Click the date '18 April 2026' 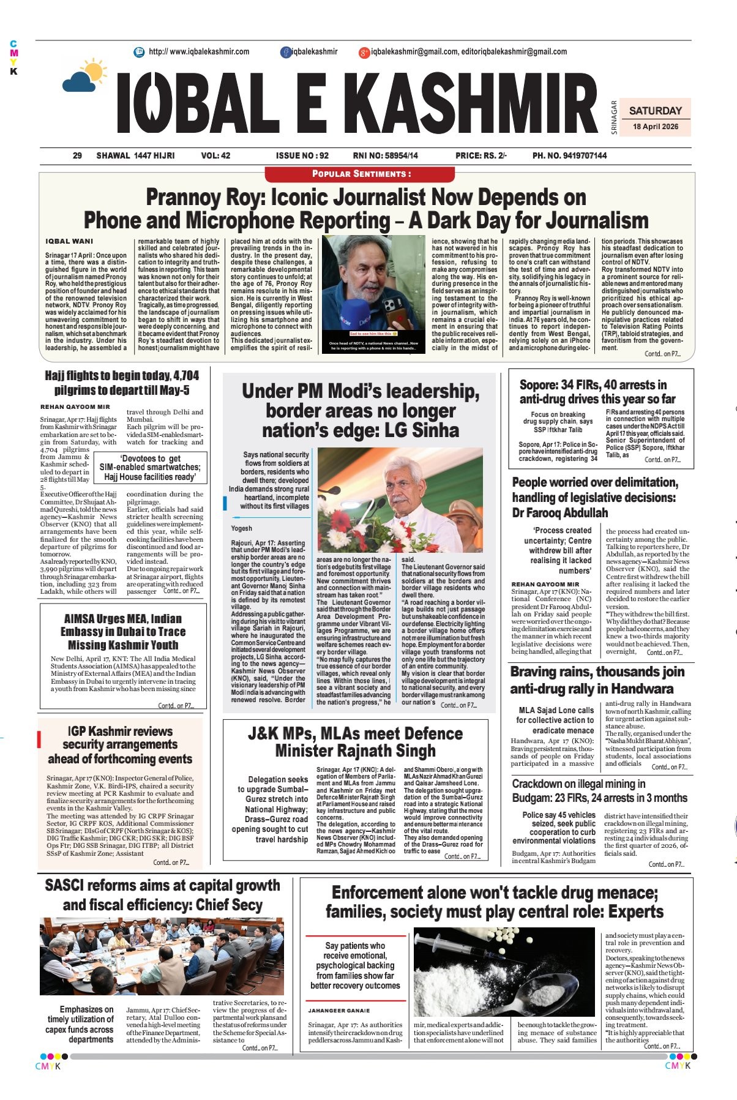pos(655,127)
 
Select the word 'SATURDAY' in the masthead pos(655,111)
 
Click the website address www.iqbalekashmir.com pos(199,52)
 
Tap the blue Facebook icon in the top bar pos(286,53)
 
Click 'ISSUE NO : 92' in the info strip pos(302,155)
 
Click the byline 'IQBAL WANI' pos(69,241)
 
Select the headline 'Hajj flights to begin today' pos(121,376)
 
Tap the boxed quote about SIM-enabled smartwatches pos(150,468)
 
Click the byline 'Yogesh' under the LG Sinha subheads pos(241,528)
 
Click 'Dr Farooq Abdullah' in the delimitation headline pos(559,513)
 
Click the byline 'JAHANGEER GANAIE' pos(339,1011)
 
